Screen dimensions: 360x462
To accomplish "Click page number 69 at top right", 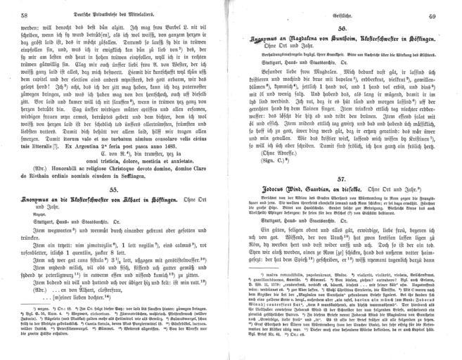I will (447, 15).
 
